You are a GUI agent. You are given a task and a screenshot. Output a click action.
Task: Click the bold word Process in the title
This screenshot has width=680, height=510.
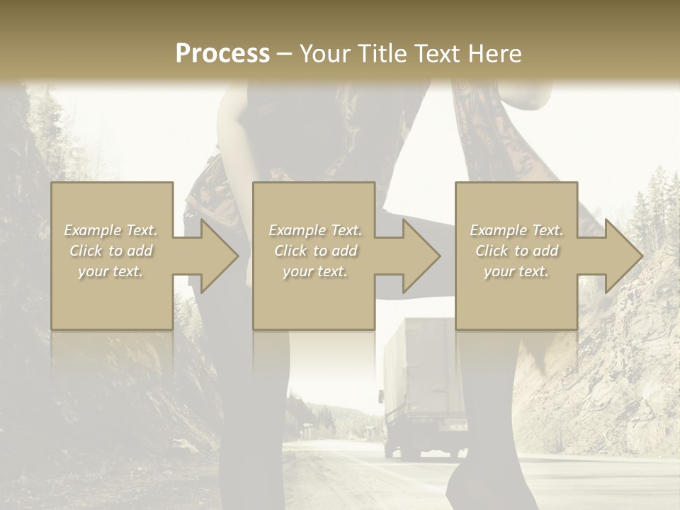222,54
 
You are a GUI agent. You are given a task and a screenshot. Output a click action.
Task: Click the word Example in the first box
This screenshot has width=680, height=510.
92,230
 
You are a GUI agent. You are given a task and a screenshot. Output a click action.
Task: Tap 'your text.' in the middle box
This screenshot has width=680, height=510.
315,271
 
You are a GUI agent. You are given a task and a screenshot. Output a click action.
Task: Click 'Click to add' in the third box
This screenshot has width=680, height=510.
517,251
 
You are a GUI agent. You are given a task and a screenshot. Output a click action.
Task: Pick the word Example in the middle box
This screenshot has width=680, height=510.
297,230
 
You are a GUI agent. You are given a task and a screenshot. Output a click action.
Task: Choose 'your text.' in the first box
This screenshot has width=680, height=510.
111,271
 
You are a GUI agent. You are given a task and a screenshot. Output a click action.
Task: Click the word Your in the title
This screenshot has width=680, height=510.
324,54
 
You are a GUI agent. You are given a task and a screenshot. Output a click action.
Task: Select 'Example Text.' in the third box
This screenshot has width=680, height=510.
517,230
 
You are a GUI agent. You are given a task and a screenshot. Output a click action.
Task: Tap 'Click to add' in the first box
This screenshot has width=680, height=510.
111,251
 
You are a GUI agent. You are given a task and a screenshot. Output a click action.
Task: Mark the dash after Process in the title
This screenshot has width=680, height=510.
284,54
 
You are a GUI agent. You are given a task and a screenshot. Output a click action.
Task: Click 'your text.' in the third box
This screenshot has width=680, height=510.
517,271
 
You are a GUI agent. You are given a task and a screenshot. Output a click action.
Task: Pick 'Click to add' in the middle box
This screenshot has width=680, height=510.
315,251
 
